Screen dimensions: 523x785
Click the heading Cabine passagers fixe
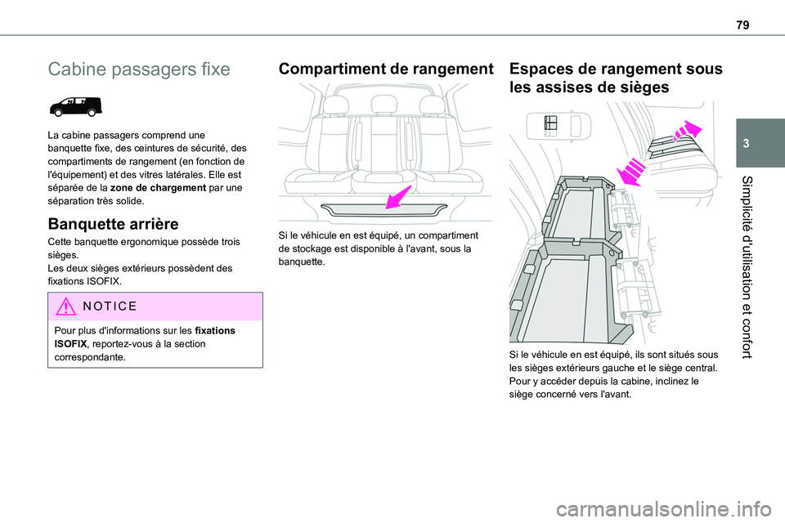pos(139,69)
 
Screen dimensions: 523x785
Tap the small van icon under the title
pos(74,106)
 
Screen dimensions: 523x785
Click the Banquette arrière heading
pos(114,223)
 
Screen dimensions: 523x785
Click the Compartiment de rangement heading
pos(386,69)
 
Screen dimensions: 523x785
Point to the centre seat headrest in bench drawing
pos(384,105)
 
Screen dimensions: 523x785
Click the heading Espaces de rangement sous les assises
pos(615,78)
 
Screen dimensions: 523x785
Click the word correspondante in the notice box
pos(87,357)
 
